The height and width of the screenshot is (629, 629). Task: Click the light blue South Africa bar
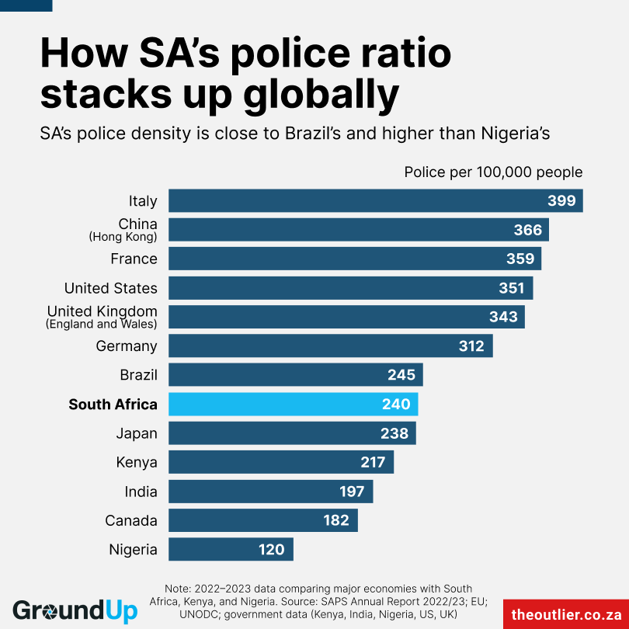[293, 405]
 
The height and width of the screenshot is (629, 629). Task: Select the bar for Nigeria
[231, 550]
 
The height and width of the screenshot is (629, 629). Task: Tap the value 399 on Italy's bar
[561, 201]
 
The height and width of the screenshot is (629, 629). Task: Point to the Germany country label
[127, 346]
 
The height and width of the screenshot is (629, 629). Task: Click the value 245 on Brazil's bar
[402, 375]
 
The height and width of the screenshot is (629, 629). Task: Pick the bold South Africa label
[113, 405]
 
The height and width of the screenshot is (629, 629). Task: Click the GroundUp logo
[75, 610]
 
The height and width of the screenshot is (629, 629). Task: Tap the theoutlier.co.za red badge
[565, 613]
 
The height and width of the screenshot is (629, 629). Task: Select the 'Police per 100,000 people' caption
[493, 172]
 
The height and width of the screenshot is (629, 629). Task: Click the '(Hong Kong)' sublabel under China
[123, 237]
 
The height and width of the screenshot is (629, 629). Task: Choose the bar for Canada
[262, 520]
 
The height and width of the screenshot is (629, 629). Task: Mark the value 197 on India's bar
[353, 492]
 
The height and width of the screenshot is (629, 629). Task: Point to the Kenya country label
[137, 463]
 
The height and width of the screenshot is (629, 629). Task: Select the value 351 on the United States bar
[512, 288]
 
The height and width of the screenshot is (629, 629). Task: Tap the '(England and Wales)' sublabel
[102, 324]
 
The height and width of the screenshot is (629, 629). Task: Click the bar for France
[354, 259]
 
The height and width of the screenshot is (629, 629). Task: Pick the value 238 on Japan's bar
[394, 433]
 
